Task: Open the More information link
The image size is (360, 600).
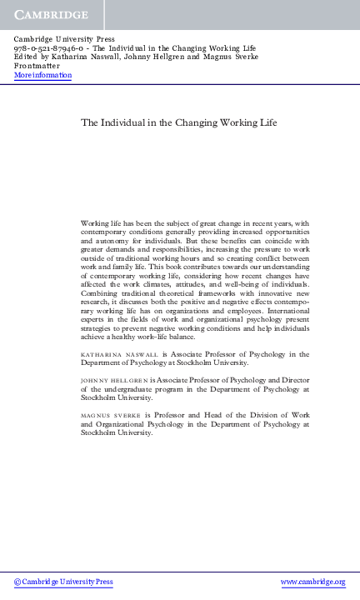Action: click(x=42, y=75)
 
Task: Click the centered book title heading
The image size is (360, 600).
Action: click(x=178, y=122)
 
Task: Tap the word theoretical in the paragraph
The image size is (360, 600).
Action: click(x=187, y=294)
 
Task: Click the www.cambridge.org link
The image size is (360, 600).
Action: click(x=312, y=582)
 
